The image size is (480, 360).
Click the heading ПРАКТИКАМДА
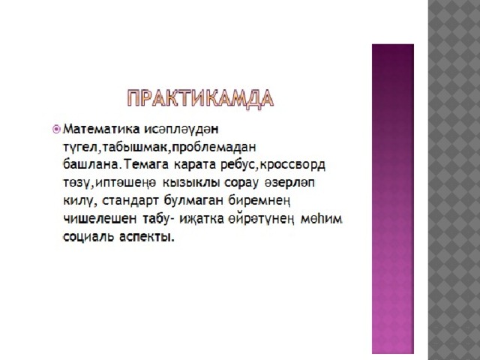click(200, 98)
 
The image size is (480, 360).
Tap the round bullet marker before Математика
click(56, 130)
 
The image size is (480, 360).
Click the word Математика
click(101, 129)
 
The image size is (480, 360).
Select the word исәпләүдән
click(181, 129)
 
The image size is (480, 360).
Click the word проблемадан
click(214, 148)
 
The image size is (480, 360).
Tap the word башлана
click(90, 165)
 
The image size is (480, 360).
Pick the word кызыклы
click(191, 183)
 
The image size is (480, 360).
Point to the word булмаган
click(194, 201)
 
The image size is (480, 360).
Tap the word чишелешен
click(100, 219)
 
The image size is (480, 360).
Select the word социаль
click(88, 237)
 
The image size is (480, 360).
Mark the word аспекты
click(147, 237)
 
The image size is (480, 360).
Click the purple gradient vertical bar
click(393, 199)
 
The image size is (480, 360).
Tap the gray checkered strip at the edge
click(454, 180)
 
